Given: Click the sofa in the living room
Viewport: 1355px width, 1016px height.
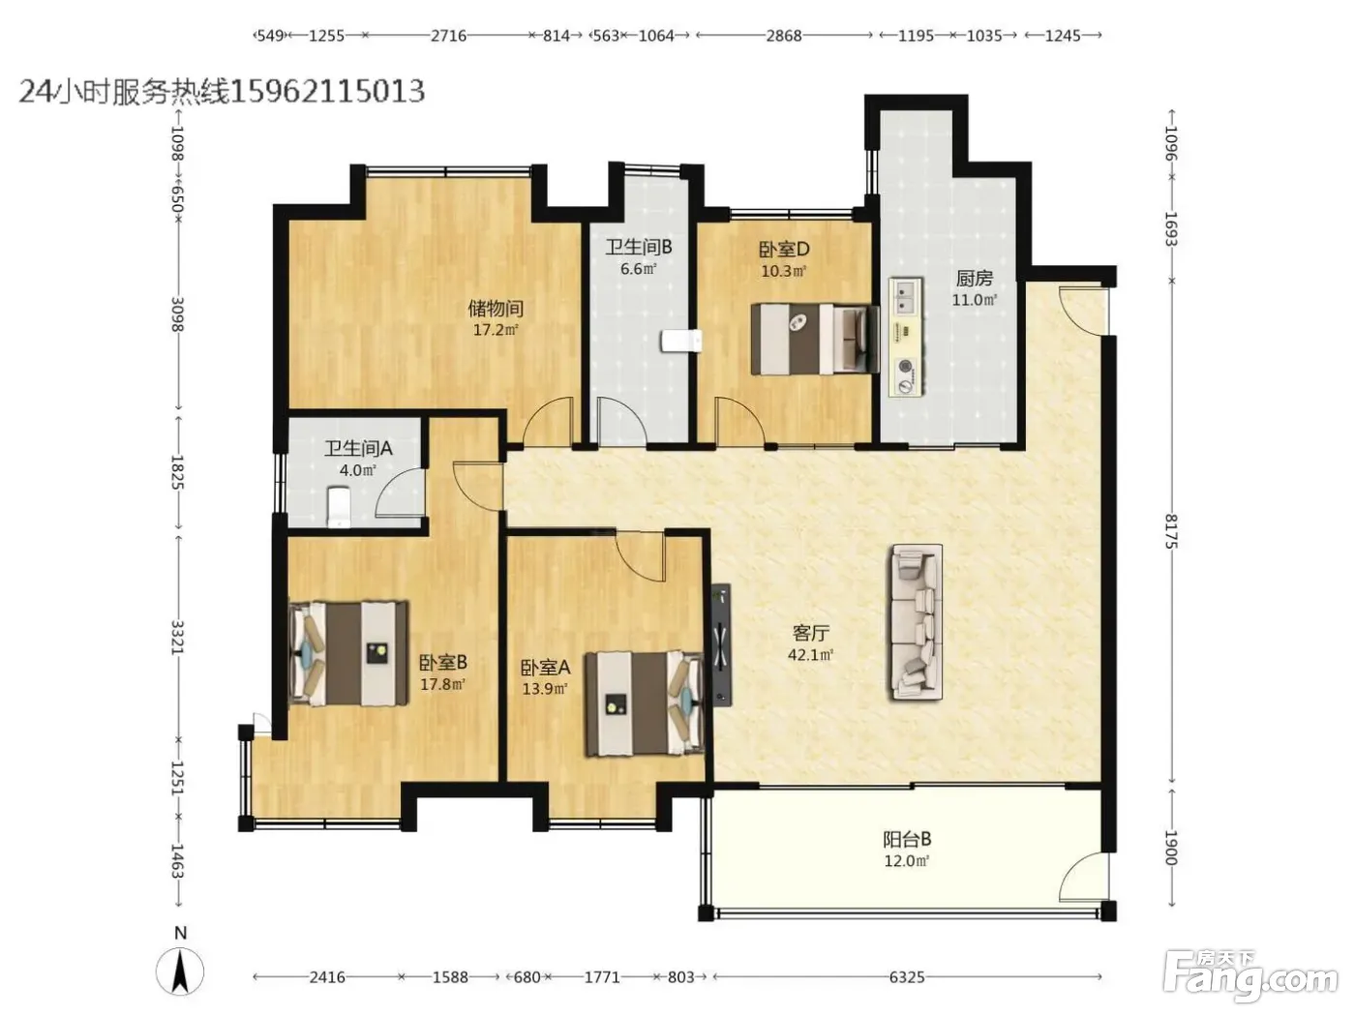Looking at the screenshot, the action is pos(916,622).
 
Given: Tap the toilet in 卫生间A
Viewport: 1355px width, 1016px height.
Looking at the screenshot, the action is pos(339,507).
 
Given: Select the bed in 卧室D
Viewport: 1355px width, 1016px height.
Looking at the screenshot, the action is pos(815,340).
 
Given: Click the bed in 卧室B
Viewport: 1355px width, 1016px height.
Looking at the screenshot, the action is pos(348,654).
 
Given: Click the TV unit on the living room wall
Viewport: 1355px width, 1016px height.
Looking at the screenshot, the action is pos(721,644).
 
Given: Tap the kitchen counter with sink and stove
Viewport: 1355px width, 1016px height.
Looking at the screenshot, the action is pos(906,337).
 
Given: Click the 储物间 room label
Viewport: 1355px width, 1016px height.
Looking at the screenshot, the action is pos(496,307).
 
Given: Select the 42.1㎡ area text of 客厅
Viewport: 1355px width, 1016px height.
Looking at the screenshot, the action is pos(810,654).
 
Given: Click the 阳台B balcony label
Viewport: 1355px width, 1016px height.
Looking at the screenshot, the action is pos(907,839).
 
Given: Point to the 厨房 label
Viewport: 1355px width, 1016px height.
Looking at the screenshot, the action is pos(974,279).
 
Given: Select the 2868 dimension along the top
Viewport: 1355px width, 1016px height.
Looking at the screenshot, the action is pos(784,36).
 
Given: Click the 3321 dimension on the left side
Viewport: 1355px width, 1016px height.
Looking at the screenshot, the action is pos(177,638).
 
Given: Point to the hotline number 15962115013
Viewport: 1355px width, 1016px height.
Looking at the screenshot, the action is pos(327,91).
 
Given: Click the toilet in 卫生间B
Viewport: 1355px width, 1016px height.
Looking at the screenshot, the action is pos(681,341).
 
